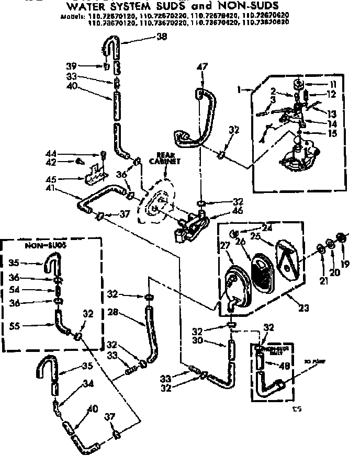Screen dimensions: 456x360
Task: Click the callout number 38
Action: pyautogui.click(x=162, y=37)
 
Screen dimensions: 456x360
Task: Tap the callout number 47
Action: pyautogui.click(x=202, y=67)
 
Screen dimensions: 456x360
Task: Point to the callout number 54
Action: pyautogui.click(x=16, y=290)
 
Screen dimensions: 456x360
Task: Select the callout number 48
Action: pyautogui.click(x=284, y=366)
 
